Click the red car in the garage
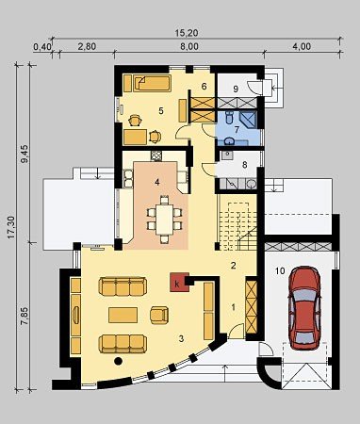304,308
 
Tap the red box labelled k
178,282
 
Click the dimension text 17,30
11,228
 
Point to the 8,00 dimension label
189,46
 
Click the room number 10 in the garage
280,270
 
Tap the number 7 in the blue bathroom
237,129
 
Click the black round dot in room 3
118,361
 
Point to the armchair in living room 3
159,315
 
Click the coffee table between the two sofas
123,315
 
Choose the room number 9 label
236,90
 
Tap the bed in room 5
153,83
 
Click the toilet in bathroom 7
229,117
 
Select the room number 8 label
245,165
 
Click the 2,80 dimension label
87,46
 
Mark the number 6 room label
204,86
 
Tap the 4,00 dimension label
302,46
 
